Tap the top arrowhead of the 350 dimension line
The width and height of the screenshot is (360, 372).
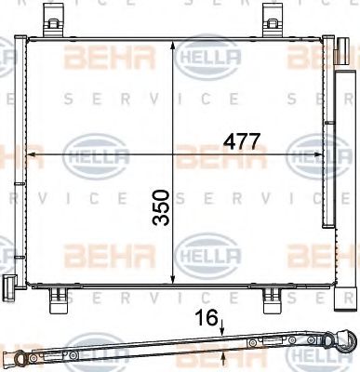tap(176, 45)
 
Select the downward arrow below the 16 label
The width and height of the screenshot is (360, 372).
tap(222, 328)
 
